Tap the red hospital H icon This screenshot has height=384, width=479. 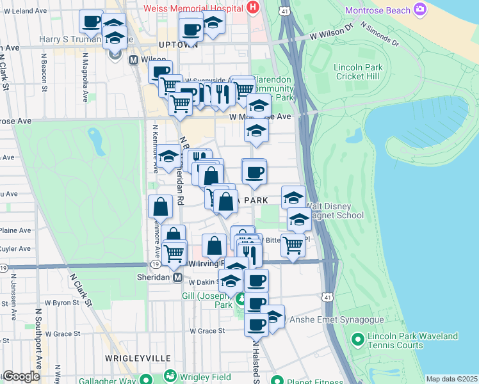[x=253, y=8]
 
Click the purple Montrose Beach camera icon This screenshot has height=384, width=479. [x=420, y=9]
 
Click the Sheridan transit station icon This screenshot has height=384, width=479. [x=178, y=277]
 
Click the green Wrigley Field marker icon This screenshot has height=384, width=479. [x=170, y=376]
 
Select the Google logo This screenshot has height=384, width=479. [x=22, y=376]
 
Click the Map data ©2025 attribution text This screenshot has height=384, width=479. [x=451, y=379]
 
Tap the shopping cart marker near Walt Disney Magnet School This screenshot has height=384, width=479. [x=293, y=244]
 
